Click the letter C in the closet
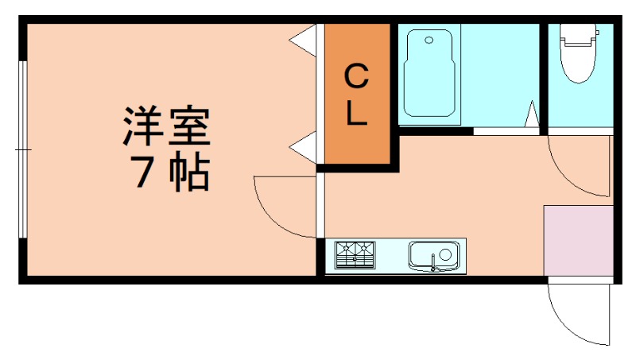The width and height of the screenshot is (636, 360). pyautogui.click(x=356, y=77)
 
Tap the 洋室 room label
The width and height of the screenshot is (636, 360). pyautogui.click(x=166, y=126)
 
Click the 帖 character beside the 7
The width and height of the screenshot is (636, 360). pyautogui.click(x=190, y=172)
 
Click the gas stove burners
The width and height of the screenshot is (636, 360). pyautogui.click(x=355, y=255)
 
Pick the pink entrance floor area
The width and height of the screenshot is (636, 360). pyautogui.click(x=578, y=240)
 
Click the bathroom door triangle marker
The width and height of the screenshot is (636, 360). pyautogui.click(x=532, y=114)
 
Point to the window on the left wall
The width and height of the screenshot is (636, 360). pyautogui.click(x=23, y=149)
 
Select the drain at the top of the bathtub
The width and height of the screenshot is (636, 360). pyautogui.click(x=429, y=39)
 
